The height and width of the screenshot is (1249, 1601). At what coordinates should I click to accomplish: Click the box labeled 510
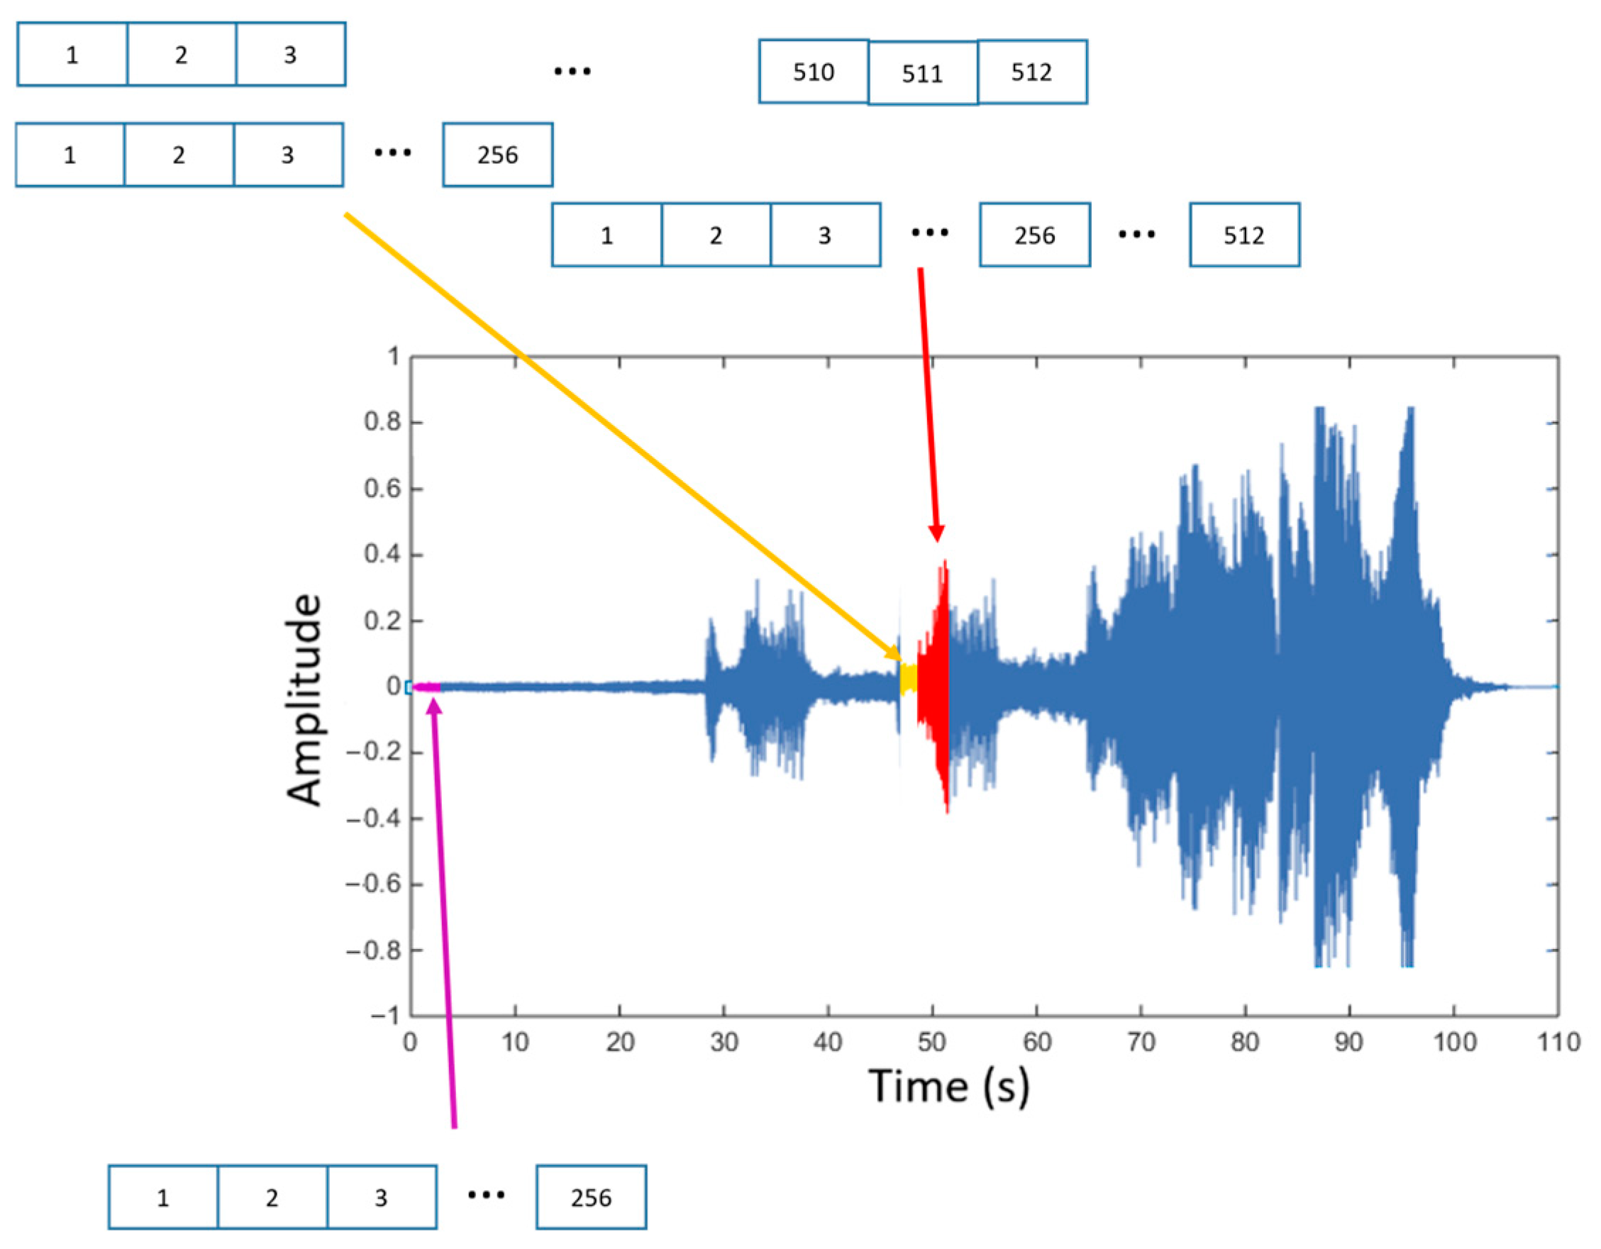(813, 72)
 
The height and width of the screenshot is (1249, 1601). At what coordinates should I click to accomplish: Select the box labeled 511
(922, 73)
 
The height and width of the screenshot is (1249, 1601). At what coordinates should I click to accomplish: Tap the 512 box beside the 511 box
(1031, 72)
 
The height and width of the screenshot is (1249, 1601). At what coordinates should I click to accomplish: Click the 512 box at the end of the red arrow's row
(1244, 235)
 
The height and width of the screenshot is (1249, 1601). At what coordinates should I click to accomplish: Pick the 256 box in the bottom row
(591, 1198)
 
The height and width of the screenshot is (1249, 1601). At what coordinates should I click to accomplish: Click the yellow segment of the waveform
(908, 679)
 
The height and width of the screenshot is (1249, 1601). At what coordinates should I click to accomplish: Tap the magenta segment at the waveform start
(426, 687)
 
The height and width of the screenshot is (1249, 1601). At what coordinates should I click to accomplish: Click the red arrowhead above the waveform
(936, 533)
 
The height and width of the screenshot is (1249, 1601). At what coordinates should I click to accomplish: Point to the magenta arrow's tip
(434, 705)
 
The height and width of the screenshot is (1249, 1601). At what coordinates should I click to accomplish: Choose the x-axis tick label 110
(1558, 1042)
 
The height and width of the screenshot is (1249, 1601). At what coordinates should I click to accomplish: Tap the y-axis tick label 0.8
(382, 422)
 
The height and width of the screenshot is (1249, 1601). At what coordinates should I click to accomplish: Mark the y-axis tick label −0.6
(374, 884)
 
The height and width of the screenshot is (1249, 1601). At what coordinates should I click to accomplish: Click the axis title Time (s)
(948, 1087)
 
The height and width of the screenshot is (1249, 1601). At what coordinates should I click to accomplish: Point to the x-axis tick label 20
(619, 1042)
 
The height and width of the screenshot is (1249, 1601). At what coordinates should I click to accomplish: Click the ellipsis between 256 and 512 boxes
(1136, 235)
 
